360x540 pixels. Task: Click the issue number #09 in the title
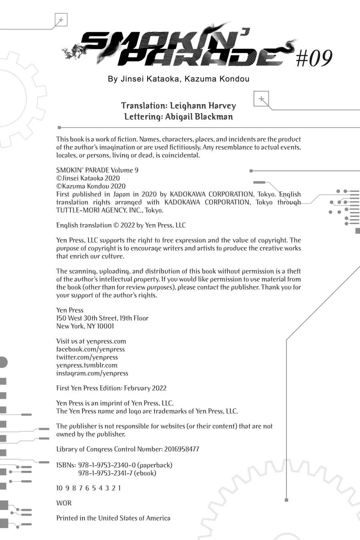coord(314,58)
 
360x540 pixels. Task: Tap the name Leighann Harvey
coord(203,106)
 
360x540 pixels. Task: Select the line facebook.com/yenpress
coord(90,349)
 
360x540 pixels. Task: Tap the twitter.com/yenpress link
coord(87,357)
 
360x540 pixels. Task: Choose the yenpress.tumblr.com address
coord(87,365)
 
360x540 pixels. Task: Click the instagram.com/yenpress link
coord(92,373)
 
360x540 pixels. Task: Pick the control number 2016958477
coord(182,449)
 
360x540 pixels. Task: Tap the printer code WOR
coord(64,503)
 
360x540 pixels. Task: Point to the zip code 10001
coord(106,326)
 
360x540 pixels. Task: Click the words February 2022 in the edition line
coord(145,388)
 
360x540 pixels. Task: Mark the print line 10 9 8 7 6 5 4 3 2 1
coord(88,488)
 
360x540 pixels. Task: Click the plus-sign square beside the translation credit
coord(261,99)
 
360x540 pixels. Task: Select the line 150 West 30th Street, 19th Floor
coord(102,318)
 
